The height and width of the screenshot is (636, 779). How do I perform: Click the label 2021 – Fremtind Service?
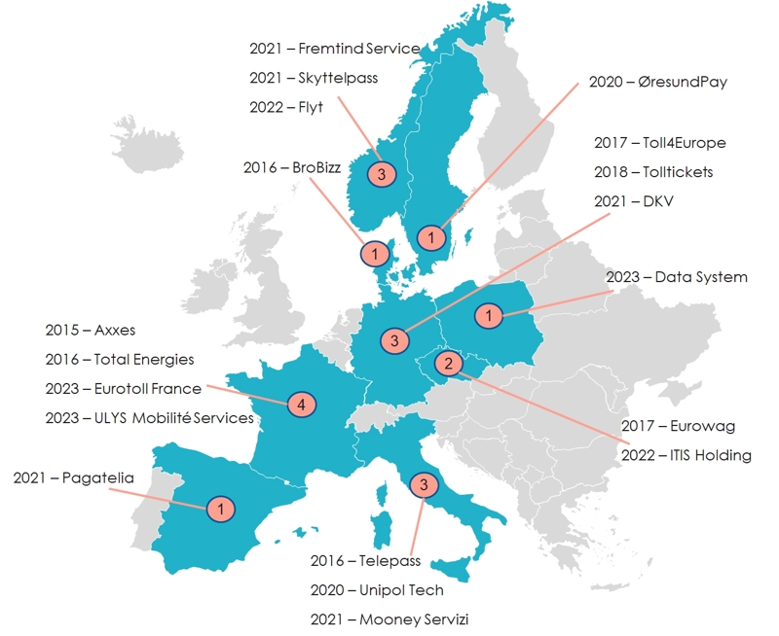coord(334,48)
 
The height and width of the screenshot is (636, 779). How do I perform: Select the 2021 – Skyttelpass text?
coord(313,78)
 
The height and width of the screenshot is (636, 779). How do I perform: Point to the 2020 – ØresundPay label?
coord(658,82)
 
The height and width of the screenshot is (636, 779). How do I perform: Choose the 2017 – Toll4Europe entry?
coord(659,143)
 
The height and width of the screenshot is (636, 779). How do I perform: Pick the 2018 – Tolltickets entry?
coord(652,172)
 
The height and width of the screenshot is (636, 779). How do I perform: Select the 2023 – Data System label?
coord(676,277)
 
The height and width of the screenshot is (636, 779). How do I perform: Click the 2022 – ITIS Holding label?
coord(686,454)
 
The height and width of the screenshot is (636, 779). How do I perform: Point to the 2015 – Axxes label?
coord(90,330)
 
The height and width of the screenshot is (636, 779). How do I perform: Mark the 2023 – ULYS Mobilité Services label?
coord(149,418)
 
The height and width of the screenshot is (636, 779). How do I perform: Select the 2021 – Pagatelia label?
coord(73,477)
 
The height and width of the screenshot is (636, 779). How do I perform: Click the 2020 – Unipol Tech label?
coord(377,590)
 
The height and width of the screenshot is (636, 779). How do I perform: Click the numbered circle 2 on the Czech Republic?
coord(448,365)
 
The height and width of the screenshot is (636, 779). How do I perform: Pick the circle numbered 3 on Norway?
coord(381,174)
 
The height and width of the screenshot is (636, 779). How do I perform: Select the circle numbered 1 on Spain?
coord(222,508)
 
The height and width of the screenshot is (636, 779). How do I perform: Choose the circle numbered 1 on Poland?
coord(489,315)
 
